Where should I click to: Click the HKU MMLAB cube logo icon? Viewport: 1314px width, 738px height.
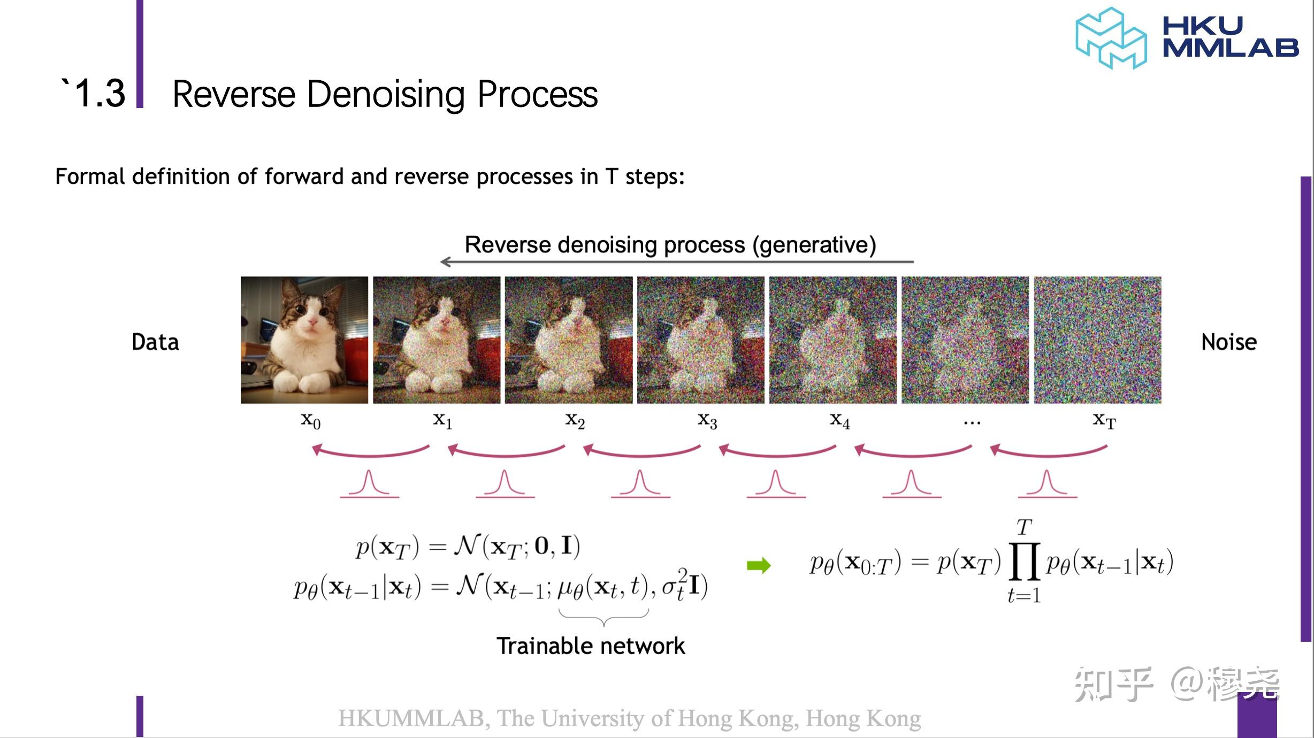click(1111, 38)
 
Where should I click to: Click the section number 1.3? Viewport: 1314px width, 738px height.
click(100, 94)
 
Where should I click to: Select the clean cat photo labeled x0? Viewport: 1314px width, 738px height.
click(304, 340)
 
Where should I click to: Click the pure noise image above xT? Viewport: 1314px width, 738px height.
click(1097, 340)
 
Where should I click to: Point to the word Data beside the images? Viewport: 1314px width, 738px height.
click(155, 342)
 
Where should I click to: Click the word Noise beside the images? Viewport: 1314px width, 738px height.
click(1229, 342)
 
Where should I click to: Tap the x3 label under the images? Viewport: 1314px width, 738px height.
click(707, 421)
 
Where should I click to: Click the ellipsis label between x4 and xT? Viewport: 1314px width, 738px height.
click(972, 423)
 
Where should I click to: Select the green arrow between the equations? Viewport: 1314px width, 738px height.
click(759, 565)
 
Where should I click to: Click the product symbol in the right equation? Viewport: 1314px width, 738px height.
click(1024, 561)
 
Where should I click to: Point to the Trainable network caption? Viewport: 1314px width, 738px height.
click(591, 646)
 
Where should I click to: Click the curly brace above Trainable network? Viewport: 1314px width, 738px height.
click(603, 617)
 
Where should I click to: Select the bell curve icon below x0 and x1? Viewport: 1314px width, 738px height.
click(369, 484)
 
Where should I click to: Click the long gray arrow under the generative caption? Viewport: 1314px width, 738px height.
click(677, 262)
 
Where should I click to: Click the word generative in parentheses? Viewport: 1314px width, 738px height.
click(814, 245)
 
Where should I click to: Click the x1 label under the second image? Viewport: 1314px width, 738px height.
click(442, 421)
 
